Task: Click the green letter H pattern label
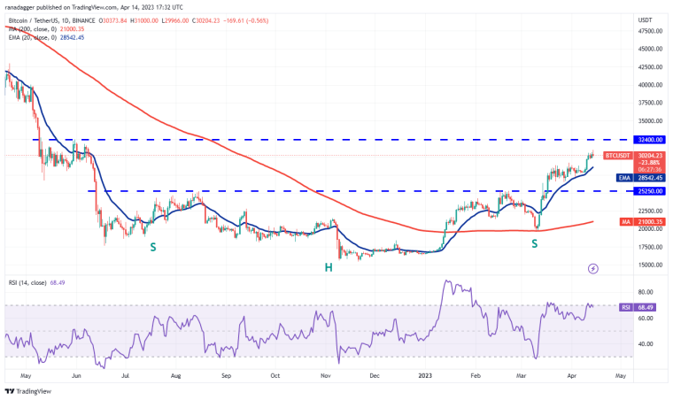point(329,266)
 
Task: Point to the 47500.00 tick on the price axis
point(650,31)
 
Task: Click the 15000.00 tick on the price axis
point(650,265)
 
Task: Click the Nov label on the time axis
point(325,375)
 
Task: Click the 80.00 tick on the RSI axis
point(647,292)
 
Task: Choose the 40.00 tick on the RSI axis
point(647,343)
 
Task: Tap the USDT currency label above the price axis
point(646,18)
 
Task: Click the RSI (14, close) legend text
point(31,283)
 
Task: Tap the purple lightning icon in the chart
point(592,267)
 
